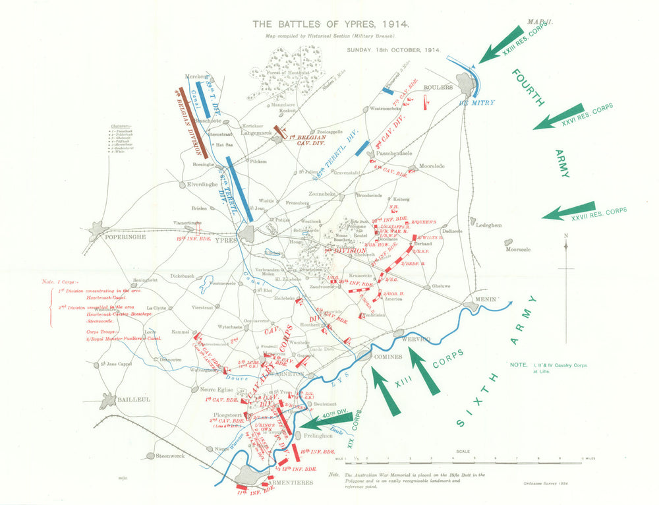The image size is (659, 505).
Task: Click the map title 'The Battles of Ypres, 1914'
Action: point(331,24)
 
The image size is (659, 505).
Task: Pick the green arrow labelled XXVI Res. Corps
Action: point(559,117)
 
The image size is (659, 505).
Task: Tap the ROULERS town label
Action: point(439,87)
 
